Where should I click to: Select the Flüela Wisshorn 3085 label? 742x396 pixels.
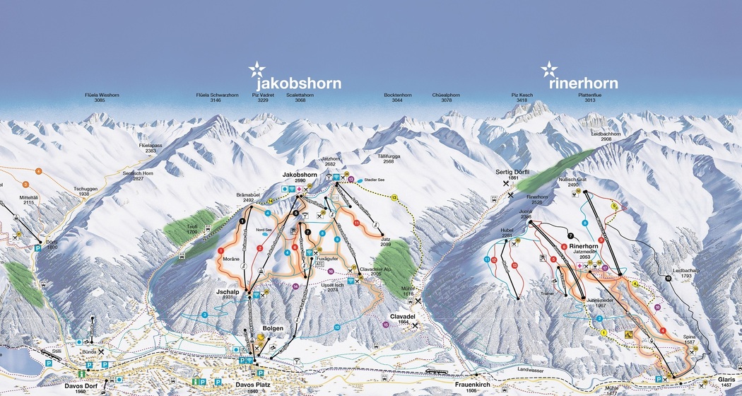99,98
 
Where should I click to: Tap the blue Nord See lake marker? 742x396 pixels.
266,224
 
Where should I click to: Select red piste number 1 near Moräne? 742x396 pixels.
221,250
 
